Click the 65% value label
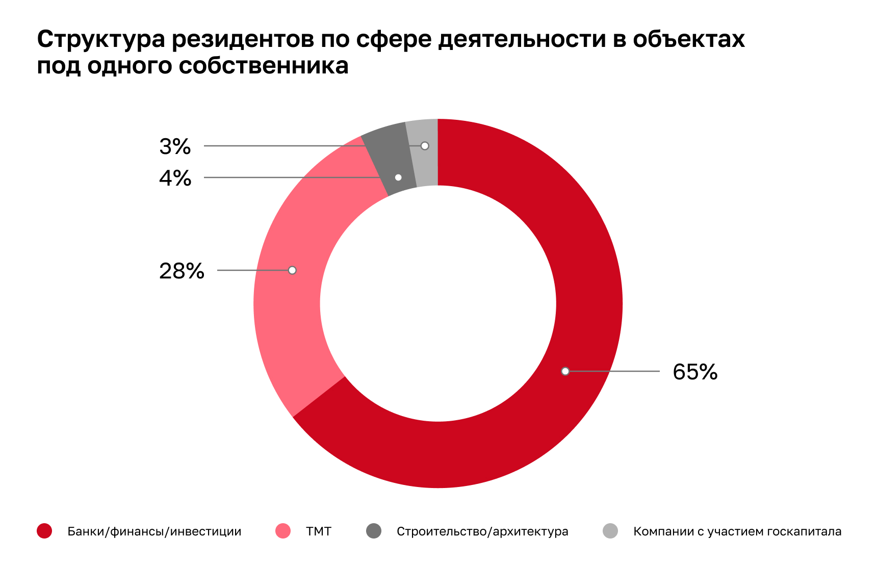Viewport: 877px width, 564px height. [x=695, y=372]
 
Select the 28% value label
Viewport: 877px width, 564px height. [x=182, y=271]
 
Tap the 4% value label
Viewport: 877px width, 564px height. [x=175, y=178]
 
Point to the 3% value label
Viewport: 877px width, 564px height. [x=175, y=146]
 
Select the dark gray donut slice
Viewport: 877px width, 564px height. [x=390, y=153]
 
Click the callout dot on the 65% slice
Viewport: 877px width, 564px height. [x=565, y=371]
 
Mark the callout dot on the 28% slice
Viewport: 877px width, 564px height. [x=292, y=270]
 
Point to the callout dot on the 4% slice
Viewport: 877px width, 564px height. [x=398, y=177]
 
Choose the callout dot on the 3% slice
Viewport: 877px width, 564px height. [x=425, y=146]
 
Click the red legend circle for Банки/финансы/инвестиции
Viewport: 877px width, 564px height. [x=44, y=531]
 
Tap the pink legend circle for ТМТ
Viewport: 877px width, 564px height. [x=283, y=531]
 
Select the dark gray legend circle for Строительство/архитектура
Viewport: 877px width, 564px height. [x=374, y=531]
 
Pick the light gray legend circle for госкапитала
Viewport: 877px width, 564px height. [x=610, y=531]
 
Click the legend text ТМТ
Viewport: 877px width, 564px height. [x=319, y=531]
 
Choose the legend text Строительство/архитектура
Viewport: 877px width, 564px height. [x=482, y=531]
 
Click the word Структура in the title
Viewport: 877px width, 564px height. [x=101, y=40]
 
